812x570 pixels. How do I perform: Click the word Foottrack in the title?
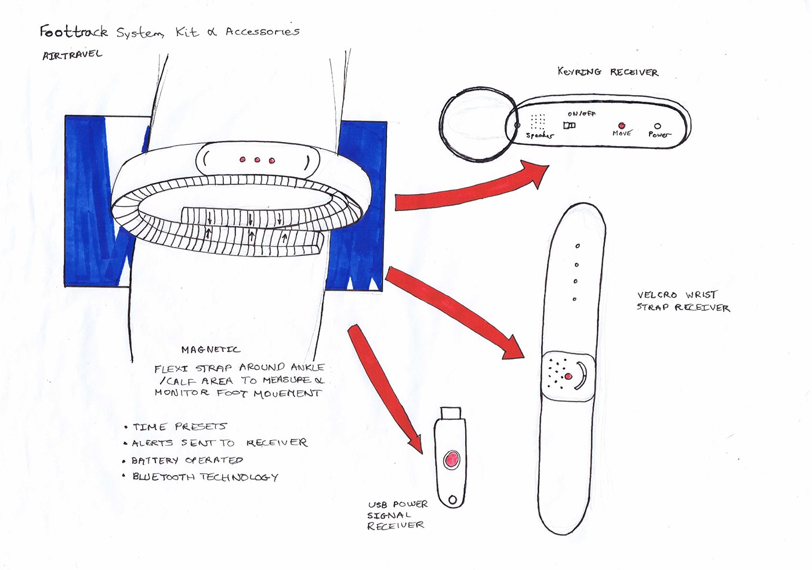74,32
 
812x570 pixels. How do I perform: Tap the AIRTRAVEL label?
72,55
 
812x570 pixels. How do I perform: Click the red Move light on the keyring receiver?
621,125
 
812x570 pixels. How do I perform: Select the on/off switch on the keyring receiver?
570,125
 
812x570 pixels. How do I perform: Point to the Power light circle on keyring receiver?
657,126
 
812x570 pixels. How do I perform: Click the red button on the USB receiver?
451,460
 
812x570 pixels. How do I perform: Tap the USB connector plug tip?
451,413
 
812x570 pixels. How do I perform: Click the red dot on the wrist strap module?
568,377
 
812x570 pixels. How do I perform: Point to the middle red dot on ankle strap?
257,159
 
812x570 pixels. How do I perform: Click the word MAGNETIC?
210,350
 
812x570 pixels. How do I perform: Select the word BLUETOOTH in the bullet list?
164,477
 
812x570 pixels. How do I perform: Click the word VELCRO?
657,295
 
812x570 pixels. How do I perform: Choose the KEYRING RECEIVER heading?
607,72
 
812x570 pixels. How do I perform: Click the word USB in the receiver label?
378,504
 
